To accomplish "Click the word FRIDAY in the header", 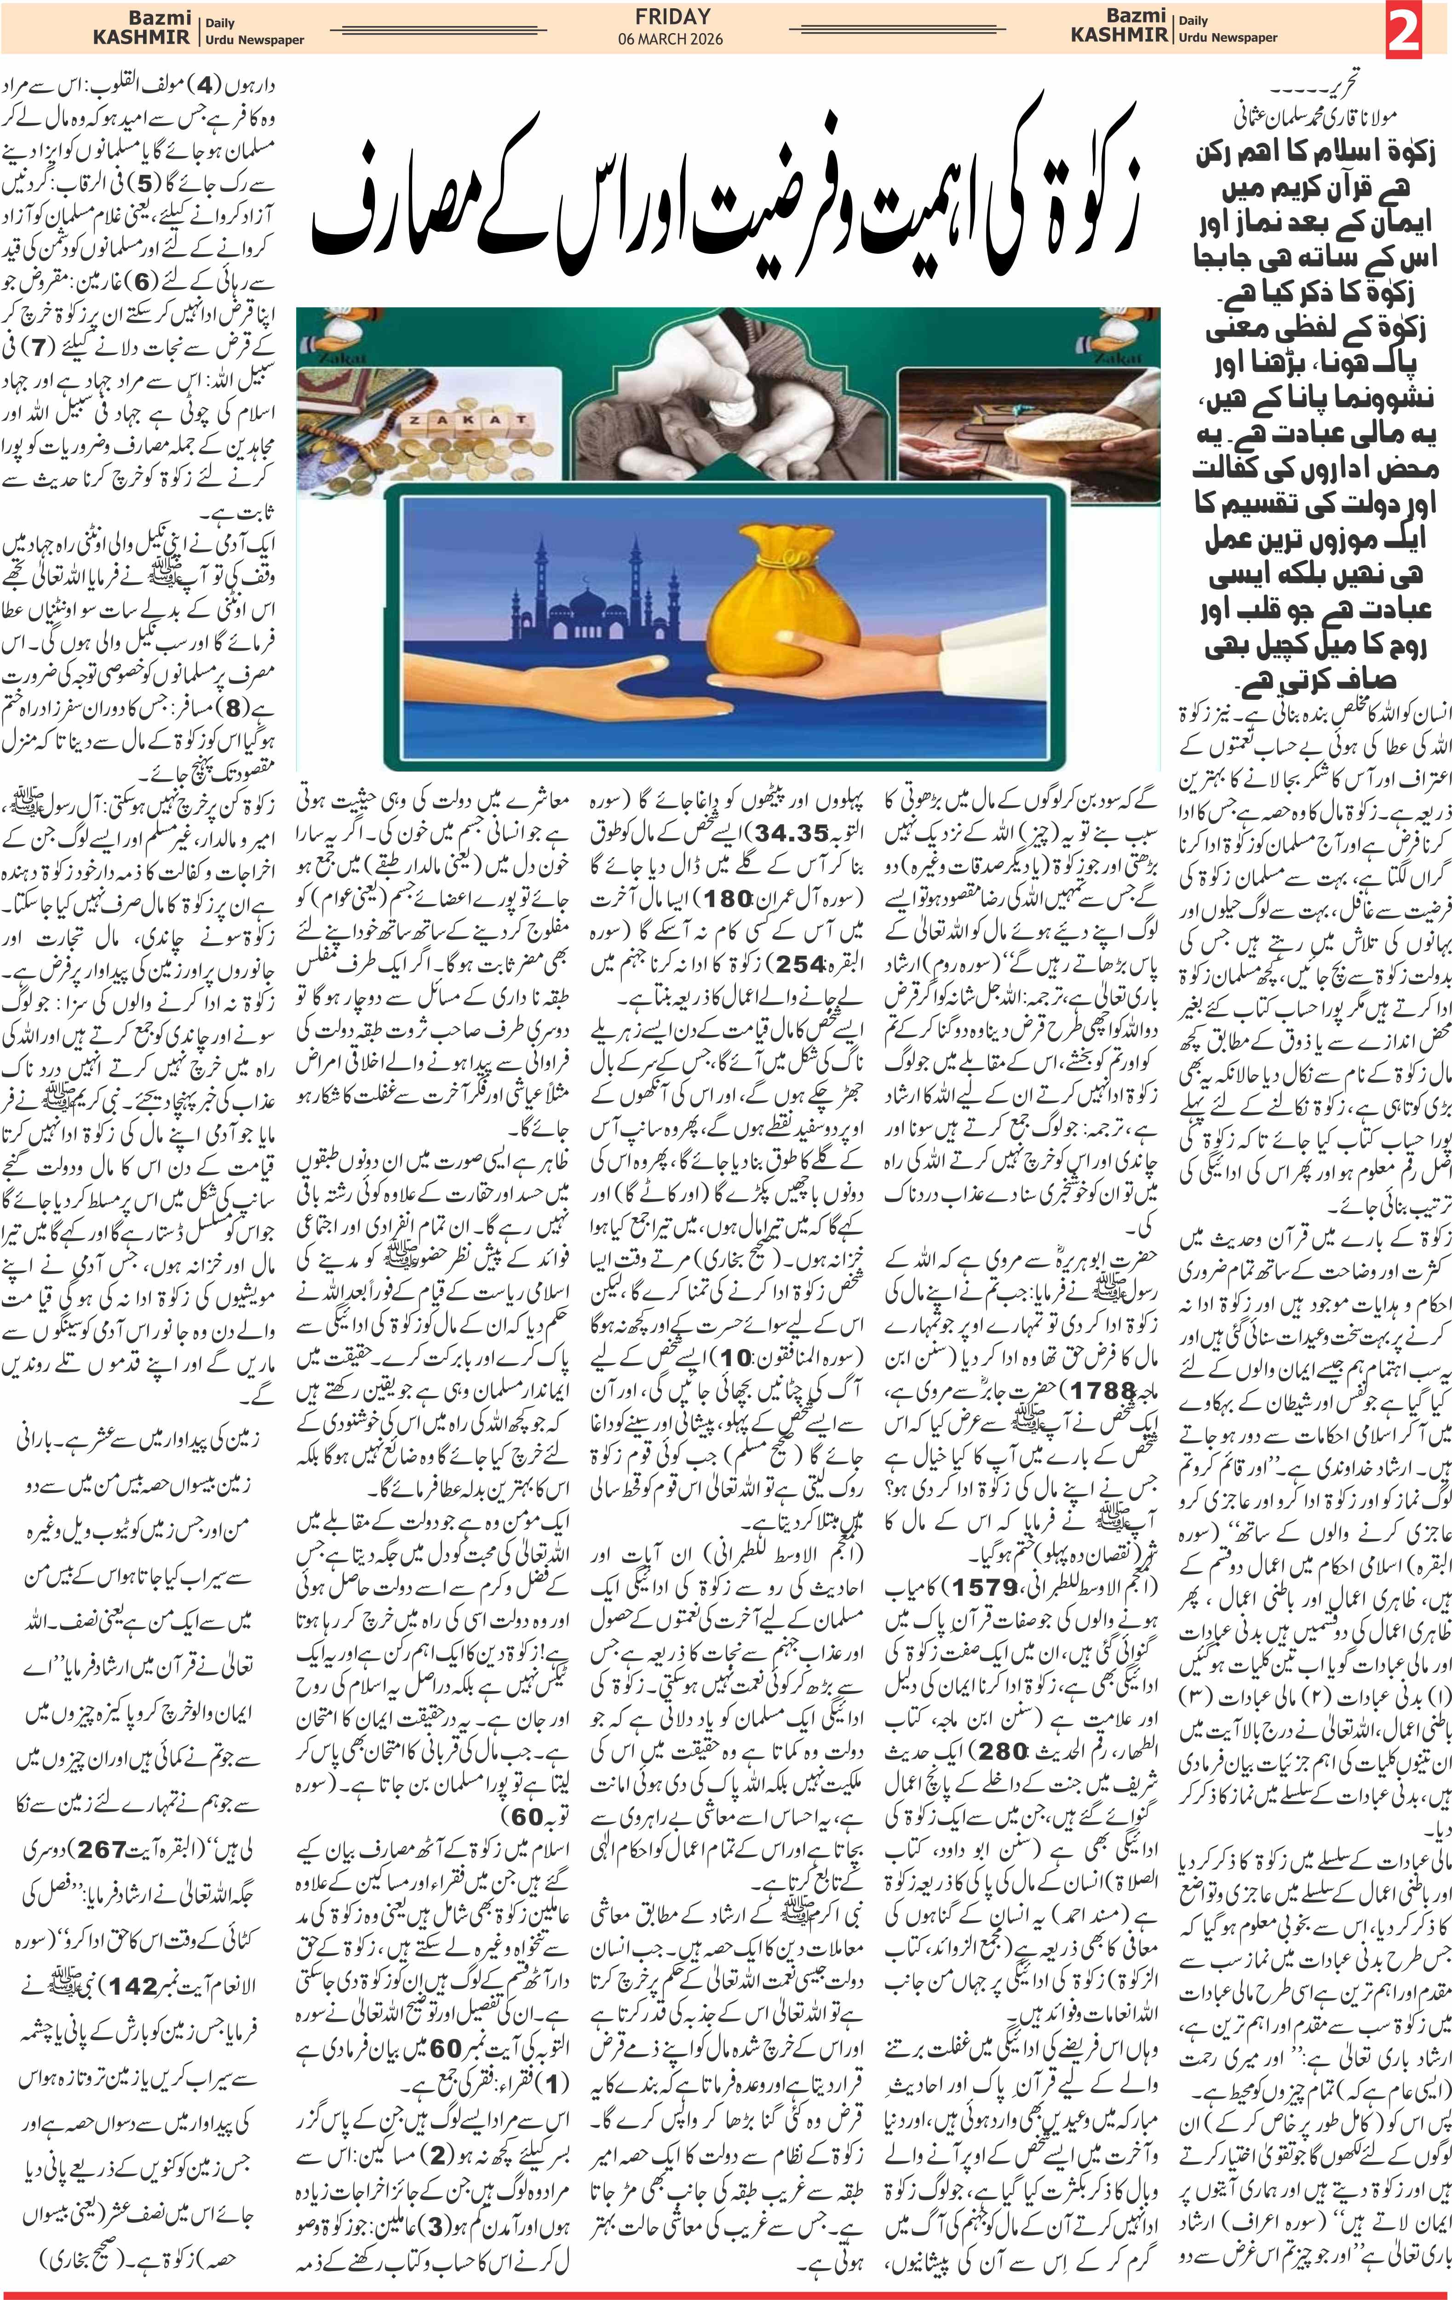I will click(672, 16).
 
